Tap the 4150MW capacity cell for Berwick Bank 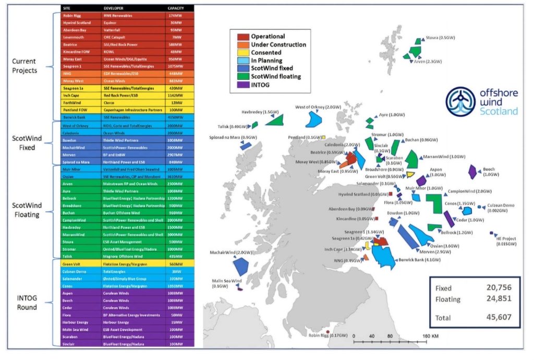(x=175, y=118)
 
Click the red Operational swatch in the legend (x=242, y=37)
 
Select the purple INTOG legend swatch (x=242, y=84)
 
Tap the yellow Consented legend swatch (x=242, y=53)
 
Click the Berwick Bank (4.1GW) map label (x=416, y=259)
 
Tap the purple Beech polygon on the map (x=472, y=172)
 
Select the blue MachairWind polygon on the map (x=240, y=267)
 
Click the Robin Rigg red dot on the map (x=327, y=332)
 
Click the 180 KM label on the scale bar (x=431, y=335)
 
